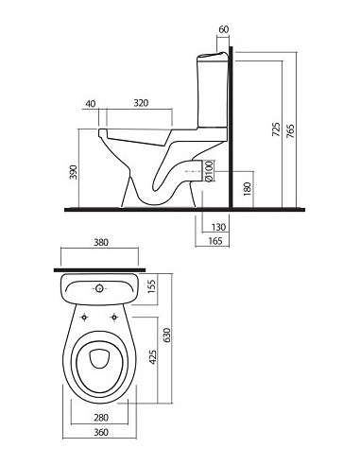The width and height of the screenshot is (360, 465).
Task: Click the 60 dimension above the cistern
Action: [223, 29]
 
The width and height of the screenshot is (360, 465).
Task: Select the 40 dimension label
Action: [91, 104]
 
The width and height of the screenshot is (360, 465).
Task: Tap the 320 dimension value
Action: [141, 103]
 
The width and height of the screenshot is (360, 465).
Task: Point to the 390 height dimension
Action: [73, 172]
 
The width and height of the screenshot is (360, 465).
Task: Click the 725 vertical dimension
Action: [276, 129]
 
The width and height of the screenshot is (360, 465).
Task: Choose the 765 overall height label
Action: [290, 131]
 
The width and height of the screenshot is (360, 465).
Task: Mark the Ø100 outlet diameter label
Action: [209, 171]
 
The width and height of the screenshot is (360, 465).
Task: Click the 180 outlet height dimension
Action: [248, 189]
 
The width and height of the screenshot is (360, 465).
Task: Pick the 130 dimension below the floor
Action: [218, 227]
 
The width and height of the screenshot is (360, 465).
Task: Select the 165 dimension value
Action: [215, 241]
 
